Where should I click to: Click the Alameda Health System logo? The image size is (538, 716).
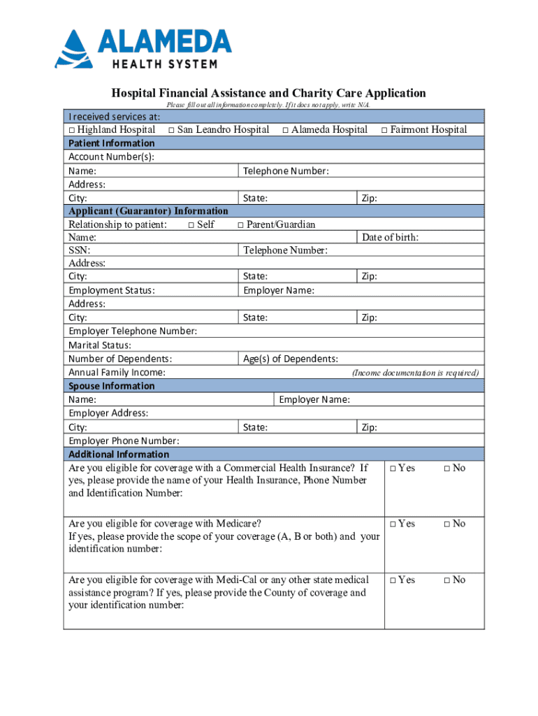click(x=143, y=49)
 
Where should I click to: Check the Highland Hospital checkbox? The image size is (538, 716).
click(x=72, y=130)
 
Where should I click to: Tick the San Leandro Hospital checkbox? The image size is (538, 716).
click(x=171, y=130)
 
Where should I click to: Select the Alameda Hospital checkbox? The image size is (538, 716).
click(x=286, y=130)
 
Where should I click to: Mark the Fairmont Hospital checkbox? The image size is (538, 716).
click(x=384, y=130)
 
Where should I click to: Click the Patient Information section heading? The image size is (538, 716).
click(x=112, y=143)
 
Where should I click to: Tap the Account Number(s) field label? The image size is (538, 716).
click(x=111, y=157)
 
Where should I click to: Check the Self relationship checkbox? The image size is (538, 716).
click(x=191, y=225)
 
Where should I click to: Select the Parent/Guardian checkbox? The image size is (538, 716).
click(x=240, y=225)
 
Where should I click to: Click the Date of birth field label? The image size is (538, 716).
click(x=390, y=238)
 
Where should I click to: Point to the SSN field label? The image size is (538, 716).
click(x=79, y=250)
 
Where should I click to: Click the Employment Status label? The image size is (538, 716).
click(x=112, y=290)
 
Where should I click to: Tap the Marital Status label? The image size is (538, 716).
click(x=100, y=345)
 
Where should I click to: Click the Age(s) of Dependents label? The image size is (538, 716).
click(x=291, y=359)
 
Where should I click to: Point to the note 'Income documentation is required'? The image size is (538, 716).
click(x=415, y=373)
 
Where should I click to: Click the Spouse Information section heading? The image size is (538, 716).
click(x=112, y=386)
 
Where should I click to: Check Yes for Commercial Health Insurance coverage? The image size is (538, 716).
click(x=393, y=468)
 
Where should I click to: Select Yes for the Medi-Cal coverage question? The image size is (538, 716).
click(x=393, y=580)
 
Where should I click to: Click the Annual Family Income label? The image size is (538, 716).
click(x=117, y=373)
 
